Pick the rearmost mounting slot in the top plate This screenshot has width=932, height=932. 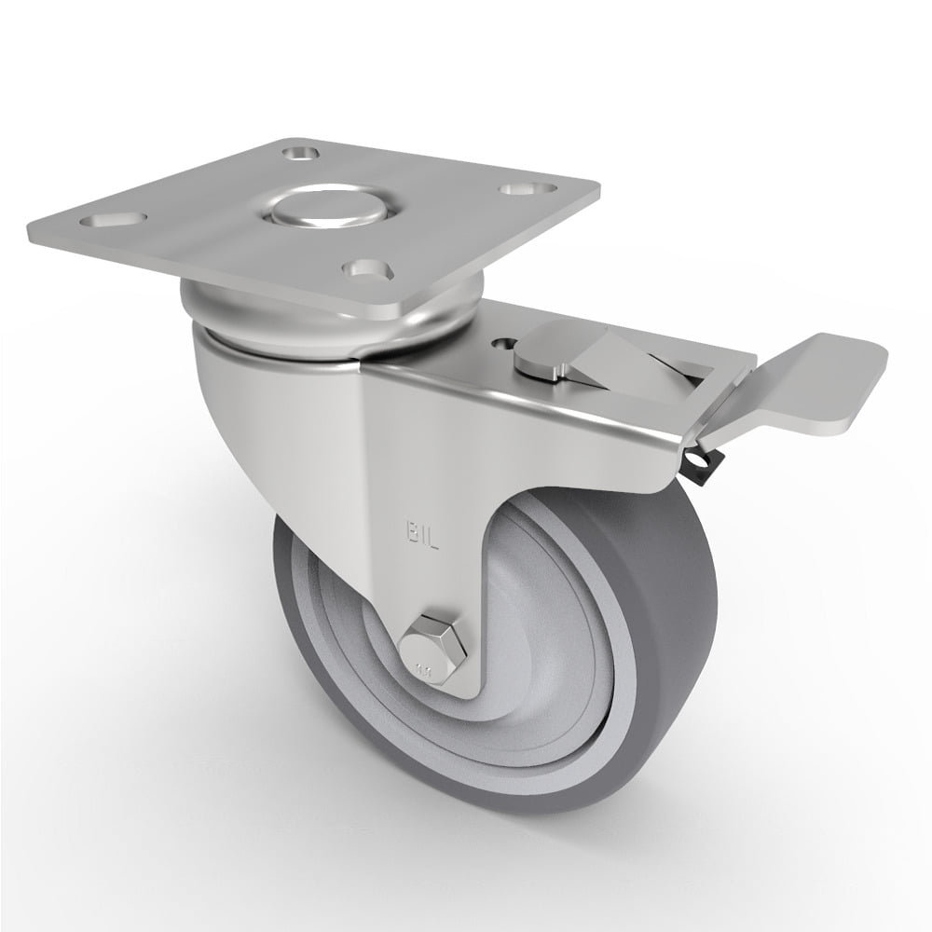(300, 149)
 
